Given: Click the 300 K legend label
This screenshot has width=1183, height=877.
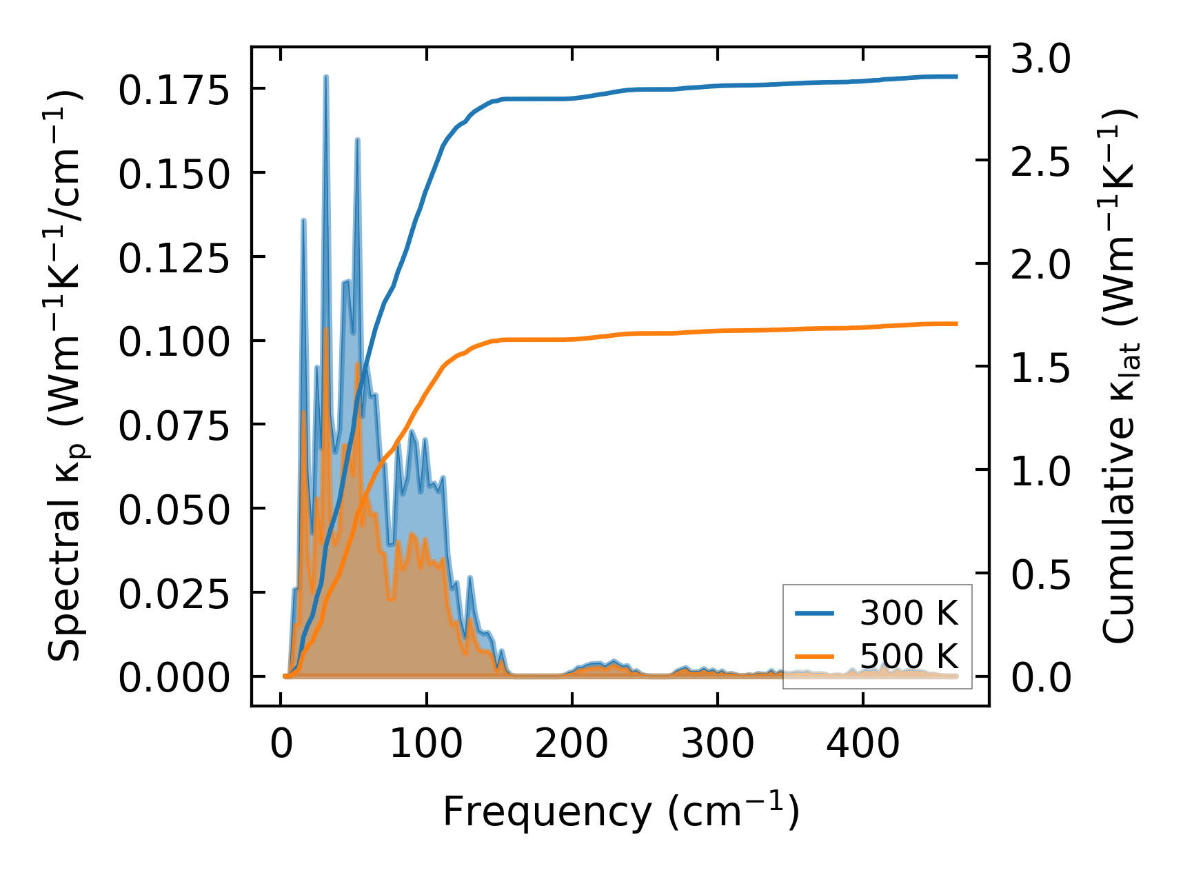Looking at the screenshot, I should [909, 613].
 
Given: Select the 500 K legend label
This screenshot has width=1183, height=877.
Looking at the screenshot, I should [909, 656].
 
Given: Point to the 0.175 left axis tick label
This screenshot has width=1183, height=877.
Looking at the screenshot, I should [173, 90].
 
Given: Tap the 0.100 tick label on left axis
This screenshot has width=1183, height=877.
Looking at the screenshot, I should [173, 341].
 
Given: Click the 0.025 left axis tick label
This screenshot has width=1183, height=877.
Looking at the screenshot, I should [173, 594].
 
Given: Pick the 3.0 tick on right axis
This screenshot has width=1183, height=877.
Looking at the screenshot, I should [1041, 59].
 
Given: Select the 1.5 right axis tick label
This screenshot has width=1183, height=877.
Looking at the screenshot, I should [1041, 368].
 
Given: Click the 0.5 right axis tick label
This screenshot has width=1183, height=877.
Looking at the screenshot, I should [1041, 574].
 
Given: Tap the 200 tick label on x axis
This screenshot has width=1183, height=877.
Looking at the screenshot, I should [572, 744].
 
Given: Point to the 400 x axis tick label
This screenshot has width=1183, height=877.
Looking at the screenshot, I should [863, 744].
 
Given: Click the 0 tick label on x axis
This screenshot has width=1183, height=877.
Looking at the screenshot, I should [281, 744].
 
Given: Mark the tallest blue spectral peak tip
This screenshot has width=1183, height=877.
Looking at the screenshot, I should [326, 77].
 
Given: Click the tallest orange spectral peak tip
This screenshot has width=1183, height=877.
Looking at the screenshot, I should [326, 329].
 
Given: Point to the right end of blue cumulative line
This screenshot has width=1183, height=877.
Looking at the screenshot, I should [957, 77].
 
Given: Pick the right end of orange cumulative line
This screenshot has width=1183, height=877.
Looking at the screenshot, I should [957, 323].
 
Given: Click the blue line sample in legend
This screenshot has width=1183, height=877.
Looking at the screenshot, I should [815, 613].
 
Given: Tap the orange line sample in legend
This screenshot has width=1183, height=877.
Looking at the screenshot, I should [815, 656].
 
